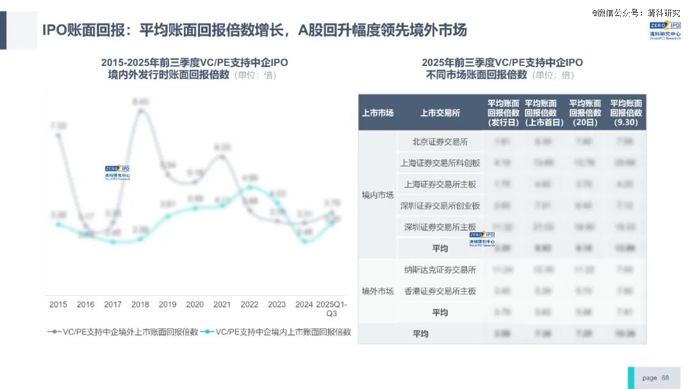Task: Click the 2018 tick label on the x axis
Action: pyautogui.click(x=140, y=305)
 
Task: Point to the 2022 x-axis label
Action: pyautogui.click(x=249, y=305)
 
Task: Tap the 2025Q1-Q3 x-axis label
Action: pyautogui.click(x=331, y=309)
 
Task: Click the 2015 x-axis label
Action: pyautogui.click(x=58, y=305)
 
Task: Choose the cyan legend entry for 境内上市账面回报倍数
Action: pyautogui.click(x=276, y=332)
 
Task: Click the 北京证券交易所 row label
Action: pyautogui.click(x=440, y=141)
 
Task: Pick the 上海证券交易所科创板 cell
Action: pyautogui.click(x=440, y=163)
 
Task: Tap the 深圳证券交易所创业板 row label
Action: pyautogui.click(x=440, y=206)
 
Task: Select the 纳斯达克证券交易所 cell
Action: pyautogui.click(x=440, y=269)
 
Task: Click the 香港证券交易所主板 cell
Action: pyautogui.click(x=440, y=291)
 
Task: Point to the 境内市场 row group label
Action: pyautogui.click(x=377, y=194)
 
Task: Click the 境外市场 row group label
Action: pyautogui.click(x=377, y=291)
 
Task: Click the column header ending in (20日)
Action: pyautogui.click(x=585, y=113)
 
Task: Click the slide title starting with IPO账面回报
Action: pyautogui.click(x=254, y=30)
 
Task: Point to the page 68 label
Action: pyautogui.click(x=655, y=377)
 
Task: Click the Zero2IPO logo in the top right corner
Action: pyautogui.click(x=664, y=30)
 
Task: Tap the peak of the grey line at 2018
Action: pyautogui.click(x=140, y=111)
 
